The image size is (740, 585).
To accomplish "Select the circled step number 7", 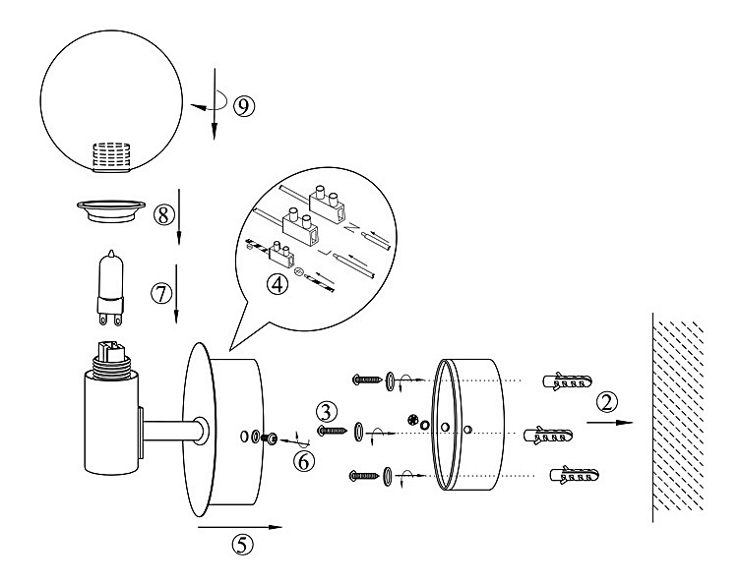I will click(160, 292).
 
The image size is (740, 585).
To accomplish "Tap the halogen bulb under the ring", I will click(109, 284).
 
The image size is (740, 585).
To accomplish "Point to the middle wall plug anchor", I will click(550, 435).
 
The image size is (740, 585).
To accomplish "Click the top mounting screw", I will click(366, 379).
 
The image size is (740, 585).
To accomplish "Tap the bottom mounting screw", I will click(365, 478).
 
